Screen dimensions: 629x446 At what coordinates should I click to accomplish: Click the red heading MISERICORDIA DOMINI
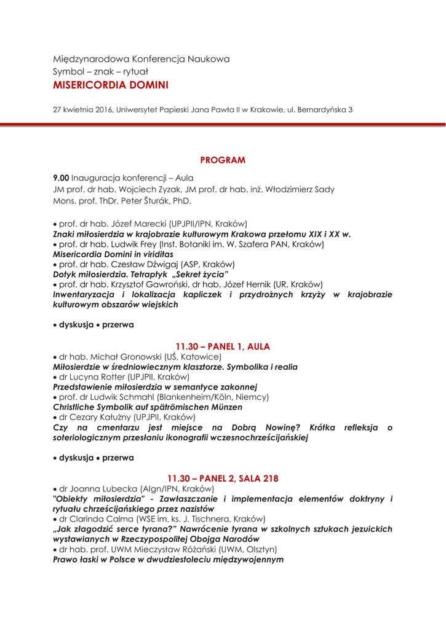tap(111, 85)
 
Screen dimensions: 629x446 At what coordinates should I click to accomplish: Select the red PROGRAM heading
tap(223, 160)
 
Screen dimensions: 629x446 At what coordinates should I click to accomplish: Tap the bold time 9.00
tap(61, 178)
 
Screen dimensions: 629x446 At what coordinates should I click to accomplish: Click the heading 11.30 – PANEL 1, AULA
tap(223, 346)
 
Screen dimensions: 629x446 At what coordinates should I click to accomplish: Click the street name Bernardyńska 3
tap(325, 111)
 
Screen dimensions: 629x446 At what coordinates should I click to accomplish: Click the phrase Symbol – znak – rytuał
tap(96, 71)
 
